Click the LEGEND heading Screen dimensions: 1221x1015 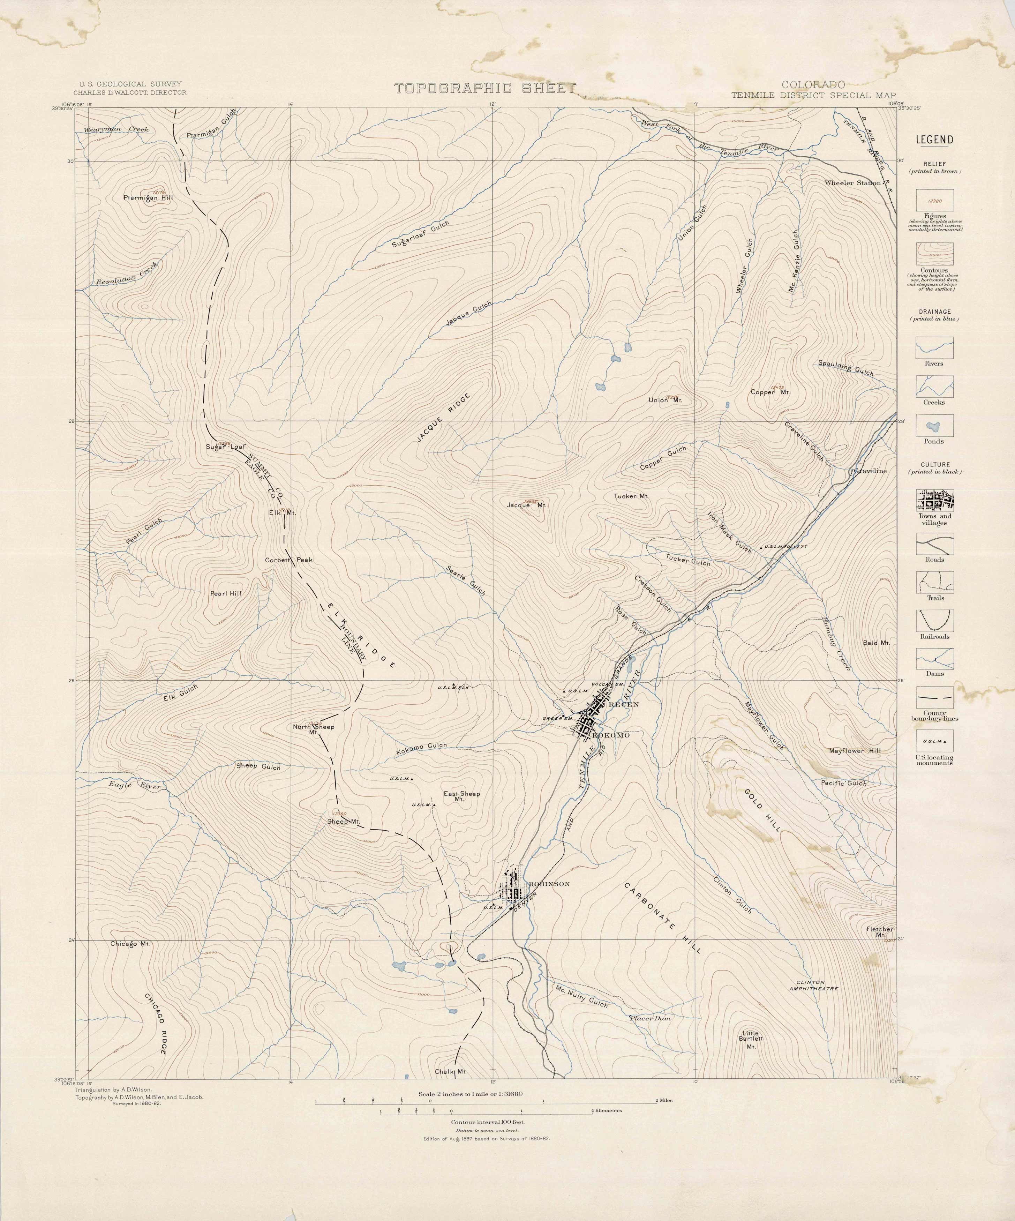(934, 140)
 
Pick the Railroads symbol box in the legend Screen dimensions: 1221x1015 (934, 620)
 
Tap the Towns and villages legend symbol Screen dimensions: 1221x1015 (934, 500)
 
